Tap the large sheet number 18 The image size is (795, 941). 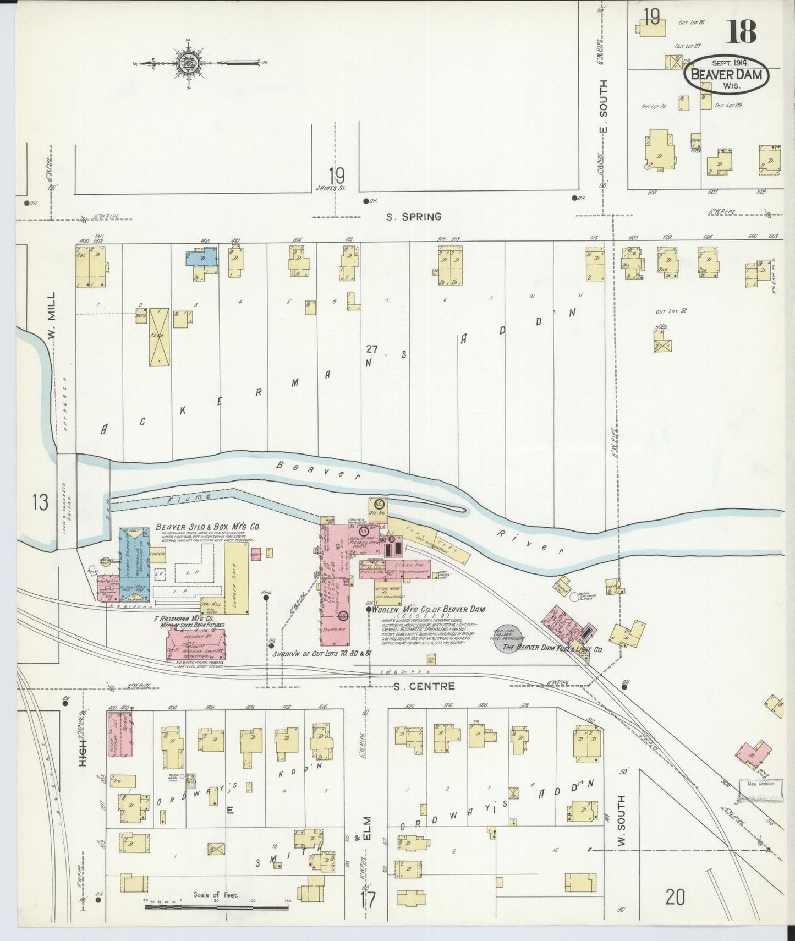tap(742, 31)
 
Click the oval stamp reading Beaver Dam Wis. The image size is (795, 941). tap(726, 77)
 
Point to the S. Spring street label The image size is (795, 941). tap(414, 217)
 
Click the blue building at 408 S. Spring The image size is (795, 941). tap(202, 258)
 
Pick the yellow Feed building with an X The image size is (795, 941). tap(159, 337)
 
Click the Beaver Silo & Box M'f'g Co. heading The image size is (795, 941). tap(207, 527)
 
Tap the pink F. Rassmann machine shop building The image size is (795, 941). tap(197, 642)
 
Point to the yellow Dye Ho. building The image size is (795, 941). tap(378, 506)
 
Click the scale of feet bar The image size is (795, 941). tap(217, 906)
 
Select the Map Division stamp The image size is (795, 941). tap(761, 784)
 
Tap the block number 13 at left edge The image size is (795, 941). tap(40, 502)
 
